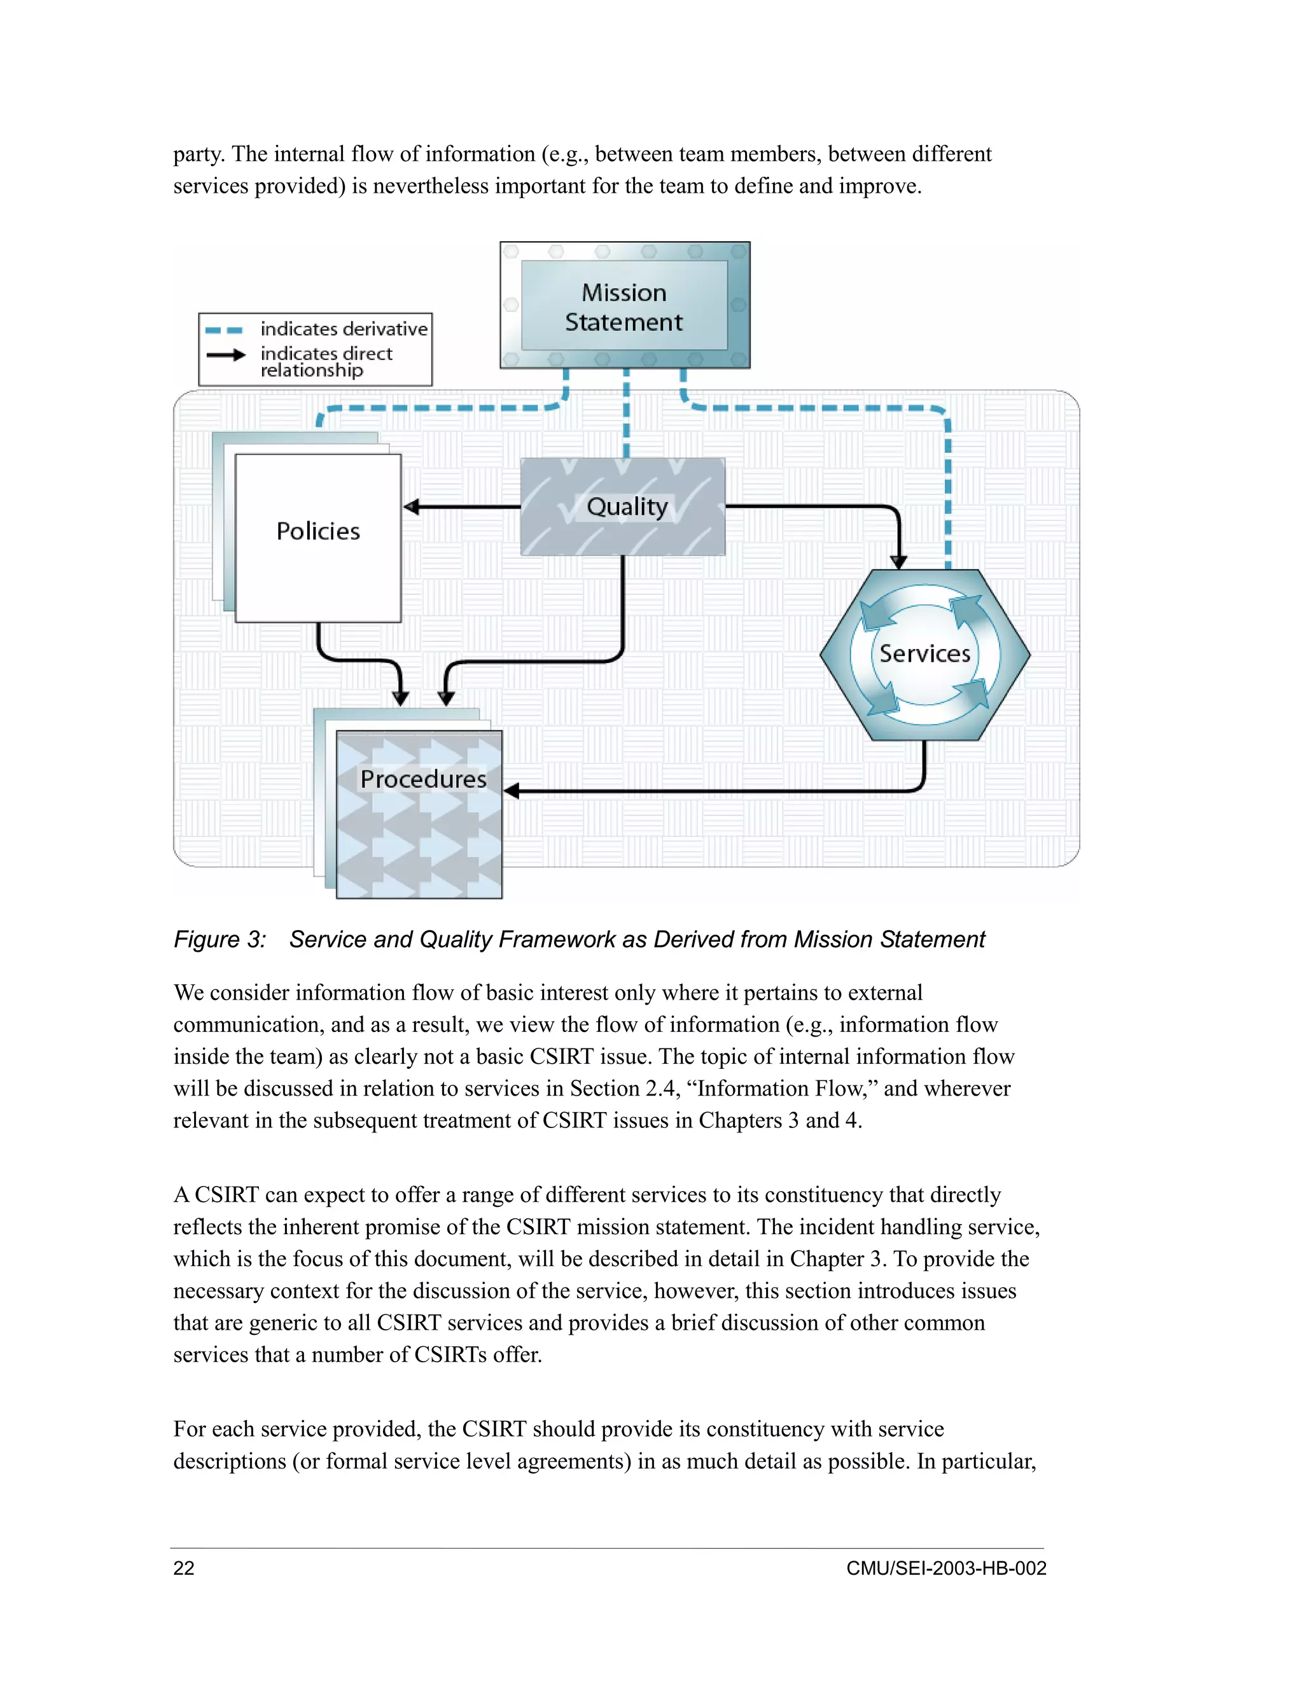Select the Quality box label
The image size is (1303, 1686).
coord(626,506)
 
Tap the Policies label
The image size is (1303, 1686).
coord(318,531)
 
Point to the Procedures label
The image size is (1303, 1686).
coord(423,779)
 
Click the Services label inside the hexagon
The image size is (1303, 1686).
coord(924,654)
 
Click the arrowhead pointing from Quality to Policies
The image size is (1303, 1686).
coord(412,506)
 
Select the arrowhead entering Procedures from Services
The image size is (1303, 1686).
coord(512,790)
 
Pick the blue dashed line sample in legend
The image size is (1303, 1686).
coord(224,330)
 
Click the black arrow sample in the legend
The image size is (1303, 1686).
coord(225,355)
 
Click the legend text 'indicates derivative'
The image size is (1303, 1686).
coord(344,330)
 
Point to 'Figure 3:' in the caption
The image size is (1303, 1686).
coord(219,940)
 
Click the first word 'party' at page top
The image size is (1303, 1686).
coord(199,155)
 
